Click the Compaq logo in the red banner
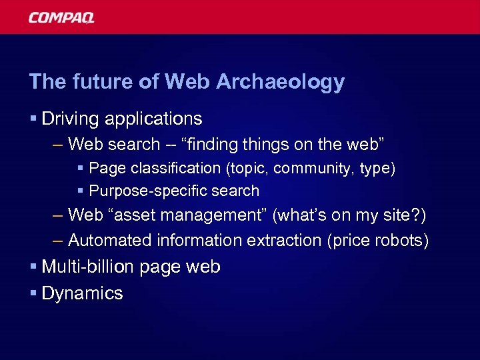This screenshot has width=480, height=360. [61, 18]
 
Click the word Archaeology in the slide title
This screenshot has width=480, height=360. [289, 82]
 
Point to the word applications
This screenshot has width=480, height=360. [153, 119]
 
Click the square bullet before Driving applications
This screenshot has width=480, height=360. [33, 119]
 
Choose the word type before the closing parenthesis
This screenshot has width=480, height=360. [375, 169]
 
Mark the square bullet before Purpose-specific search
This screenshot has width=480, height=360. [81, 191]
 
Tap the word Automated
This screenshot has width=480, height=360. [110, 239]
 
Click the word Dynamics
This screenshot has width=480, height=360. [82, 294]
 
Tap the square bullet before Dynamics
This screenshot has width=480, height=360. [33, 293]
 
